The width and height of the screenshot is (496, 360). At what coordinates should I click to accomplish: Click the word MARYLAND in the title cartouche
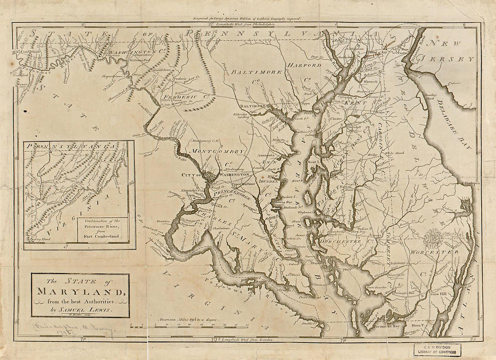tap(80, 291)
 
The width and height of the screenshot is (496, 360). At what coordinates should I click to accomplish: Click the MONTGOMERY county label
tap(218, 151)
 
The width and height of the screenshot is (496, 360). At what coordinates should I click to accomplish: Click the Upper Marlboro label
tap(243, 184)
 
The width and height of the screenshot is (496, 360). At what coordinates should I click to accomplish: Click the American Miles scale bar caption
tap(185, 319)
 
